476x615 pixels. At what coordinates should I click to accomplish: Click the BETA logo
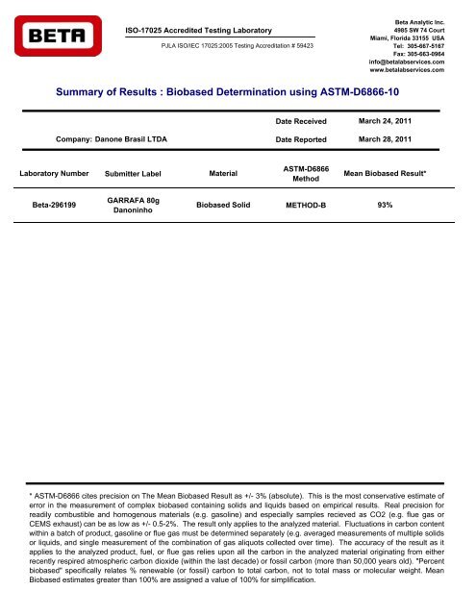click(x=58, y=38)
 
